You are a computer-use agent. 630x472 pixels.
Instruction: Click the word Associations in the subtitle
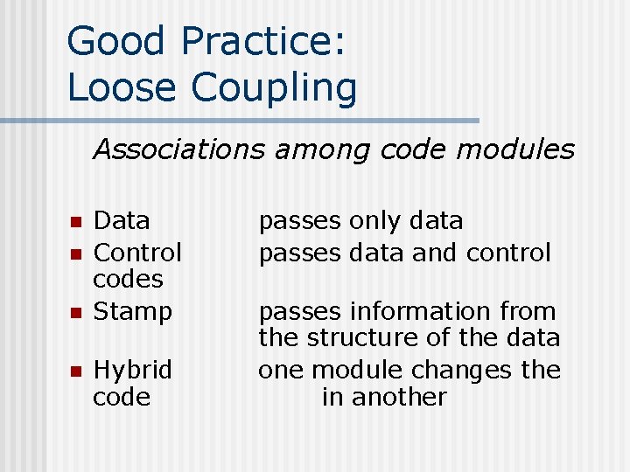point(179,150)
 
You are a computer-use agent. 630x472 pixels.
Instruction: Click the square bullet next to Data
point(75,222)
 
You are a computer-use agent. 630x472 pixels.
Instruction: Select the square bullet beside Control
point(75,254)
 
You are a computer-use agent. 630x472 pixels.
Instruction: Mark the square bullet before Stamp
point(75,312)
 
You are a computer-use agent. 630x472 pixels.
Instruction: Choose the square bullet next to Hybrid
point(75,371)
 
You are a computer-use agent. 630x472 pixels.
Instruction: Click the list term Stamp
point(133,311)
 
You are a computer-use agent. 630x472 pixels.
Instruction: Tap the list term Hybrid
point(133,371)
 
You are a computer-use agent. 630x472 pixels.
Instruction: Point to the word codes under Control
point(129,280)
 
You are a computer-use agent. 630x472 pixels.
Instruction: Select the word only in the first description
point(379,221)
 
